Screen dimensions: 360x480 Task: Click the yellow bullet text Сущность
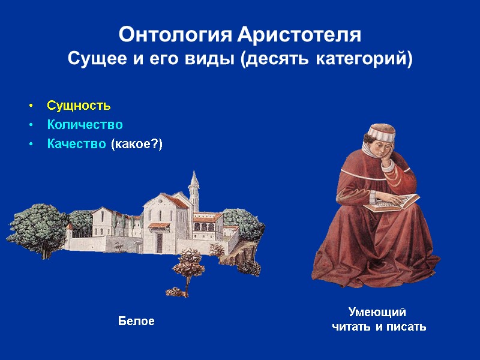click(x=79, y=106)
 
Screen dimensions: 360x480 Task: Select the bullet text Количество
click(x=85, y=125)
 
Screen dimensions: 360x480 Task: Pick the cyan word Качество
click(x=77, y=144)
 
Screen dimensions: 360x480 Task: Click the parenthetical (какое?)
click(x=137, y=144)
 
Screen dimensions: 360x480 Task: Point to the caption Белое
click(x=136, y=322)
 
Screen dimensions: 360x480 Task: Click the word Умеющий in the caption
click(x=378, y=312)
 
